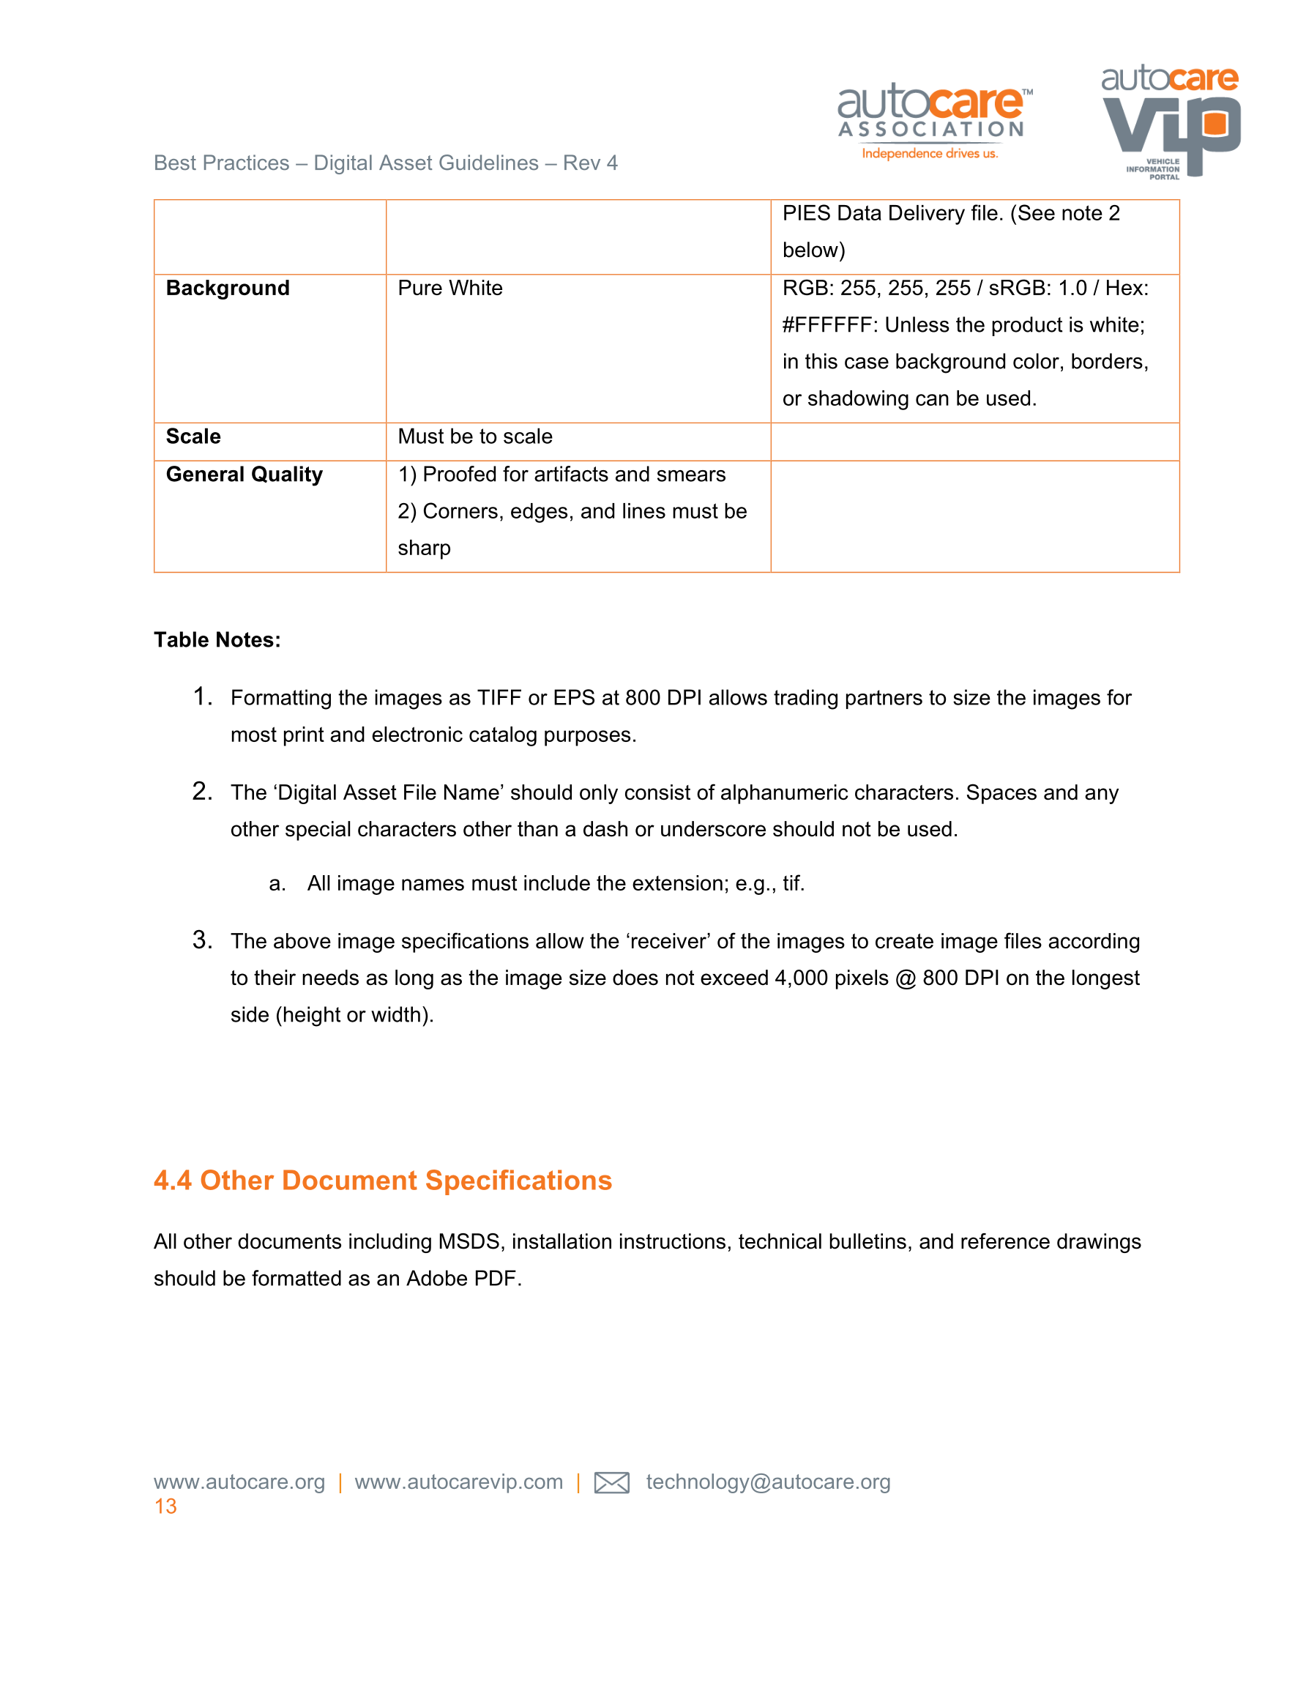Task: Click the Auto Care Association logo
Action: (933, 121)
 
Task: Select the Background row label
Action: (228, 288)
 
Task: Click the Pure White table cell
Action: (449, 288)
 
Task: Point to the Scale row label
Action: (193, 436)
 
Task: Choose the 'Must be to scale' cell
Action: (474, 436)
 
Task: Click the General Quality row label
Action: (244, 475)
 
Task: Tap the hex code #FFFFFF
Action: (827, 325)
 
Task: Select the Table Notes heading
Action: (217, 639)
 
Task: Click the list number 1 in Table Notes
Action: (201, 697)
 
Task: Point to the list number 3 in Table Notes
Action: (201, 940)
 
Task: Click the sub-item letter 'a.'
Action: (277, 883)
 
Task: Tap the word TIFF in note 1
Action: (499, 698)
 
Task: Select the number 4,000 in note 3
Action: (802, 978)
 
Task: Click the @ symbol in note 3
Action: (905, 978)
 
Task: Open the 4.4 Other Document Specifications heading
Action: (382, 1180)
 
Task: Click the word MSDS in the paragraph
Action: (469, 1241)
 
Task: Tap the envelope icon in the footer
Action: (611, 1482)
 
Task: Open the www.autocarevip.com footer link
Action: (458, 1482)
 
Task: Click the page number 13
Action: (165, 1506)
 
